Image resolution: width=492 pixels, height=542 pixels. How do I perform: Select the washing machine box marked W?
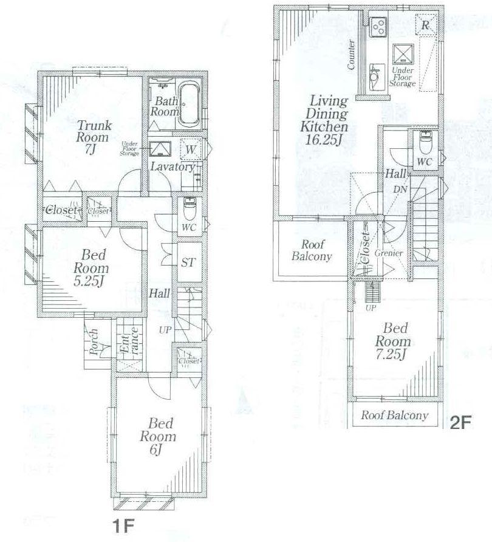[x=191, y=149]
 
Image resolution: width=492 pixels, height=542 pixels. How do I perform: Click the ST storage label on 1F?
[x=188, y=262]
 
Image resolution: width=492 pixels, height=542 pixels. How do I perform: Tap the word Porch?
[x=94, y=341]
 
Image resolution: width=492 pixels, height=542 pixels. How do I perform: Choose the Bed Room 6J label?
[x=157, y=436]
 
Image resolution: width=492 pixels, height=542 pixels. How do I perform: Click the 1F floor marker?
[x=122, y=525]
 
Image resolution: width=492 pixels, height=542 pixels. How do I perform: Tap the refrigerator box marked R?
[x=425, y=26]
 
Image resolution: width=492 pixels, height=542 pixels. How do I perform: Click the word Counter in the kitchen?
[x=352, y=55]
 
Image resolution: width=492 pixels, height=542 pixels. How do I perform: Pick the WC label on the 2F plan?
[x=424, y=162]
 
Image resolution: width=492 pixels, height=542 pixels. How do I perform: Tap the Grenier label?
[x=386, y=252]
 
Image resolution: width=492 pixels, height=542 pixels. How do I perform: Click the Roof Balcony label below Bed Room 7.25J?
[x=395, y=416]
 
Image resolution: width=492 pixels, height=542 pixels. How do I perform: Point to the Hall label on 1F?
[x=159, y=293]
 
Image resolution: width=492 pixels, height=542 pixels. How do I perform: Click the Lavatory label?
[x=173, y=166]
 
